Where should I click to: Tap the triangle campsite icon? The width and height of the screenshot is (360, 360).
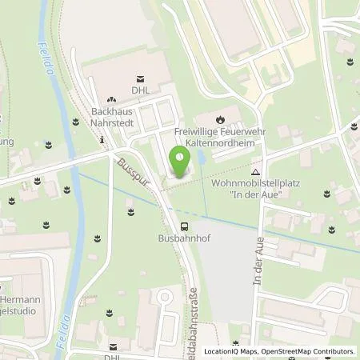pos(255,171)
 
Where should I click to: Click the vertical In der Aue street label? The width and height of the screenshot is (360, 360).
pos(258,268)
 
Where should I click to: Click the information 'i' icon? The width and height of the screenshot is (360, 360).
pos(102,141)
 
